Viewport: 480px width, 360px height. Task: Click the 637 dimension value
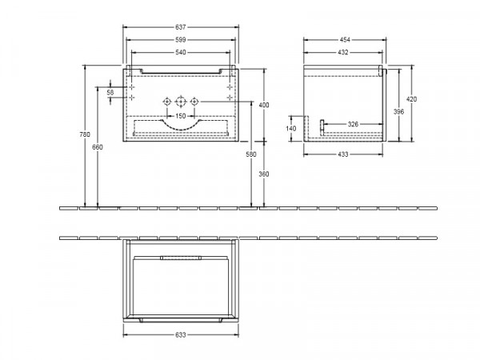point(181,27)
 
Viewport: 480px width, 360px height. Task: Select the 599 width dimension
point(181,40)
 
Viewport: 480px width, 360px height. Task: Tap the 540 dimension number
point(181,52)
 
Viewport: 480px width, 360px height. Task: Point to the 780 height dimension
point(85,134)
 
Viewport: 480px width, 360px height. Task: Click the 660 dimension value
point(98,147)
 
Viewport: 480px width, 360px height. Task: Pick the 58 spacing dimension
point(110,92)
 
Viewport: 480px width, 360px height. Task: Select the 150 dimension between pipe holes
point(181,116)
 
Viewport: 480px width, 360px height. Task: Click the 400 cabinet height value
point(264,105)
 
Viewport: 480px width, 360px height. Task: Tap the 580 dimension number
point(251,154)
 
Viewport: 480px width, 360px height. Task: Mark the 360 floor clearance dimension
point(264,174)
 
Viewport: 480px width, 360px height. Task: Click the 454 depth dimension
point(345,40)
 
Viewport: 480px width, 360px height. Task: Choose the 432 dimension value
point(343,52)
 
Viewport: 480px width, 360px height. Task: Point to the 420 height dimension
point(411,99)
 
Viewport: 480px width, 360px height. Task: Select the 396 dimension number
point(398,112)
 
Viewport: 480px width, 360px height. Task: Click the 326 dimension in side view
point(353,124)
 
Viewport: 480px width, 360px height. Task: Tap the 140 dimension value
point(291,128)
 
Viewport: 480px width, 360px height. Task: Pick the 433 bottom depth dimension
point(343,154)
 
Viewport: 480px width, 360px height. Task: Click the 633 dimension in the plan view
point(181,335)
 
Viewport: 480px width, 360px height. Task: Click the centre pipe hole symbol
point(181,102)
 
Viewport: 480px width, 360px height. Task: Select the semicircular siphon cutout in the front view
point(181,129)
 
